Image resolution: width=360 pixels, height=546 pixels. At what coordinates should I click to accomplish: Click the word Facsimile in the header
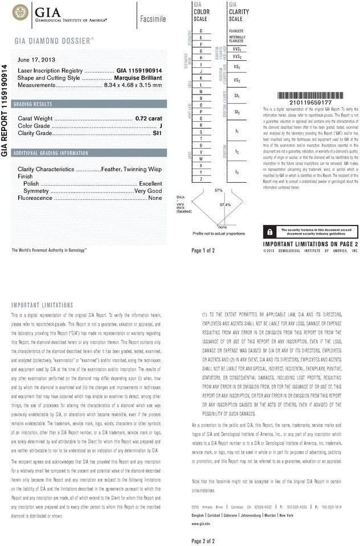coord(153,19)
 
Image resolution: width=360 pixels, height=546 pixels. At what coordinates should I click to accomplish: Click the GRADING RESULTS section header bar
coord(89,104)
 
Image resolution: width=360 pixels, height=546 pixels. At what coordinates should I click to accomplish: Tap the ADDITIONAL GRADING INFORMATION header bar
coord(89,153)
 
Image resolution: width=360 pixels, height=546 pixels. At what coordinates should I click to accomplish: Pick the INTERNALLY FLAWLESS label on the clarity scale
coord(236,39)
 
